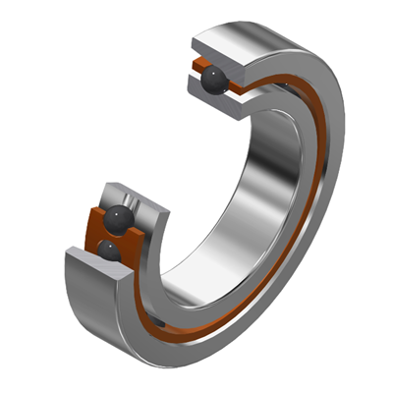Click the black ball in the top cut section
click(215, 84)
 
